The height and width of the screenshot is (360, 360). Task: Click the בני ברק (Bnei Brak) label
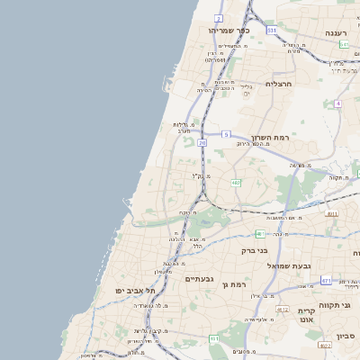[x=256, y=250]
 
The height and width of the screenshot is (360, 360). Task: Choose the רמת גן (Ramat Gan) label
[x=234, y=284]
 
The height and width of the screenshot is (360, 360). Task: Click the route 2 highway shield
[x=219, y=18]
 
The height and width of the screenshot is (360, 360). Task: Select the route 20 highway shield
[x=202, y=142]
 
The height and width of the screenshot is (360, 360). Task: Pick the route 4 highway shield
[x=337, y=103]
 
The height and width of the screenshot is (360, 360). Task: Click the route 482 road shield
[x=236, y=183]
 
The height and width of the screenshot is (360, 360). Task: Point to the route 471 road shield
[x=326, y=281]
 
